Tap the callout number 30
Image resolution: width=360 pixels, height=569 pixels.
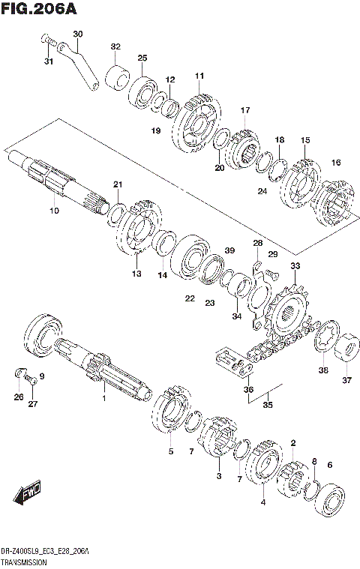pyautogui.click(x=78, y=34)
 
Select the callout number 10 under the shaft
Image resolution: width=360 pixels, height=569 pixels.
pyautogui.click(x=53, y=211)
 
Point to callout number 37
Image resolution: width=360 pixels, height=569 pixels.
pyautogui.click(x=346, y=380)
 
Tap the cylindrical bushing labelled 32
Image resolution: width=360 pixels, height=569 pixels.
pyautogui.click(x=117, y=75)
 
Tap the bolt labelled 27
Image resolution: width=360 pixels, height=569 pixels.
pyautogui.click(x=33, y=382)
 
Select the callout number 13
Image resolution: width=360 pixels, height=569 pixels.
pyautogui.click(x=136, y=274)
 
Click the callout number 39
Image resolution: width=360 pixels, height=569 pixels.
pyautogui.click(x=229, y=250)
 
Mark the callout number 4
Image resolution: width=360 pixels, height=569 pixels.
pyautogui.click(x=263, y=502)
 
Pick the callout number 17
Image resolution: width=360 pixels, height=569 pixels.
pyautogui.click(x=244, y=111)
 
